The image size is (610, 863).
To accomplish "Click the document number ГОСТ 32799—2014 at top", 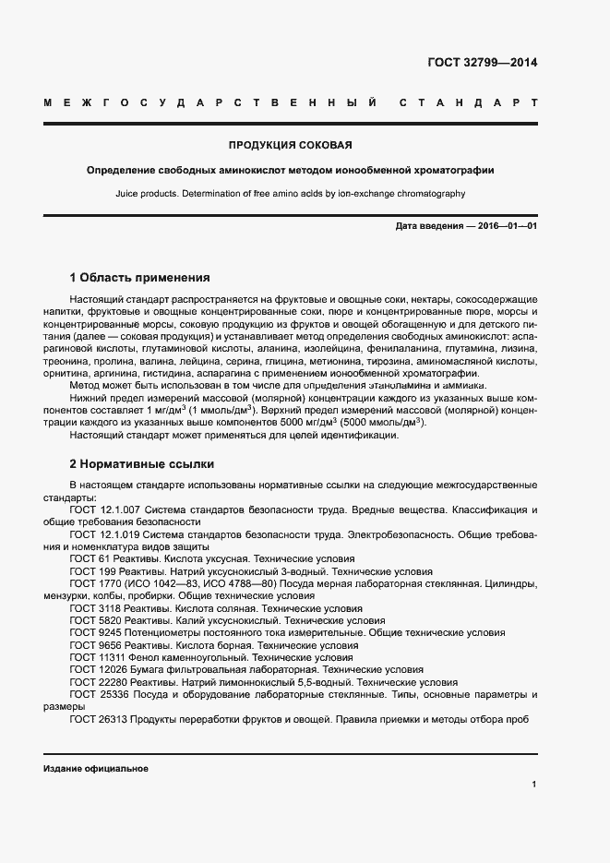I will pos(483,64).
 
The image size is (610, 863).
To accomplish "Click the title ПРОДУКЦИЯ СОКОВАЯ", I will pos(291,145).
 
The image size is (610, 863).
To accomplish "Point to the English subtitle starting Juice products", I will pos(291,194).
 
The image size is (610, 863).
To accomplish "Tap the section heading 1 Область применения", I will pos(140,277).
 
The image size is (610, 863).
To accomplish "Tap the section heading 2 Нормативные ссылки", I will pos(142,464).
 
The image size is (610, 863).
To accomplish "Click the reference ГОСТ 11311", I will pos(99,657).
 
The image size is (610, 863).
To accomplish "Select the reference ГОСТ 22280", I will pos(99,682).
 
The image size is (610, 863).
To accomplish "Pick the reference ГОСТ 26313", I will pos(99,719).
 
